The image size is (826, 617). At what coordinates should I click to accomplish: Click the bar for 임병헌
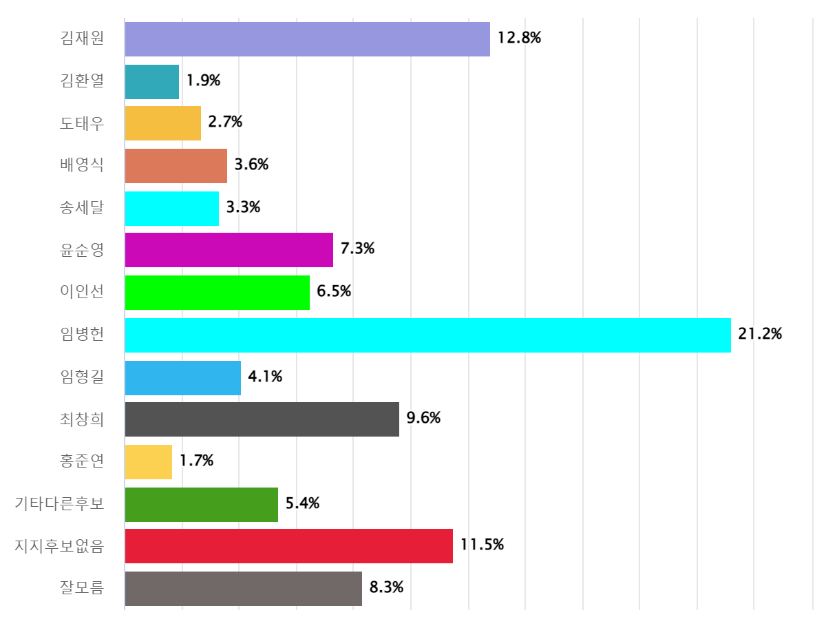coord(427,335)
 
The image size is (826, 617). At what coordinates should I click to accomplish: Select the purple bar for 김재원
coord(307,39)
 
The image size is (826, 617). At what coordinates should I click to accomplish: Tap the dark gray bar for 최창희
coord(262,419)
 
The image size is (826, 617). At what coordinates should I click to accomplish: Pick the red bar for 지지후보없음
coord(288,546)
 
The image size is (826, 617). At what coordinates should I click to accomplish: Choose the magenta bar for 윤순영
coord(229,250)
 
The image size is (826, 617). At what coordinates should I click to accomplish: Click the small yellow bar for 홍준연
coord(148,461)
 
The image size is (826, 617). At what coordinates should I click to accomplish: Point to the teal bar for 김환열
coord(151,81)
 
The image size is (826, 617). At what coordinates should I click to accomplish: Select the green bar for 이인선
coord(217,293)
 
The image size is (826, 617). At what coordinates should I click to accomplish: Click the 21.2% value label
coord(760,335)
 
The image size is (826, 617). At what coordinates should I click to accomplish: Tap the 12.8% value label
coord(519,39)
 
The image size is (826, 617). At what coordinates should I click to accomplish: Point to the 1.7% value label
coord(196,461)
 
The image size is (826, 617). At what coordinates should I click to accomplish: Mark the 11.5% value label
coord(482,546)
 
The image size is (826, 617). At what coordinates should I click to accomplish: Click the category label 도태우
coord(82,123)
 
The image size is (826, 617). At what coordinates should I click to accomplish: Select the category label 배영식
coord(82,165)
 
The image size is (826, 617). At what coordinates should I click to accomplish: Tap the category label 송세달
coord(82,208)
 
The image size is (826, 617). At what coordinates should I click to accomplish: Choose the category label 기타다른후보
coord(60,504)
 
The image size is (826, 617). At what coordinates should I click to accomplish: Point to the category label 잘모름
coord(82,589)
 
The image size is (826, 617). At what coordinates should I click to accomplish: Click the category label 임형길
coord(82,377)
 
